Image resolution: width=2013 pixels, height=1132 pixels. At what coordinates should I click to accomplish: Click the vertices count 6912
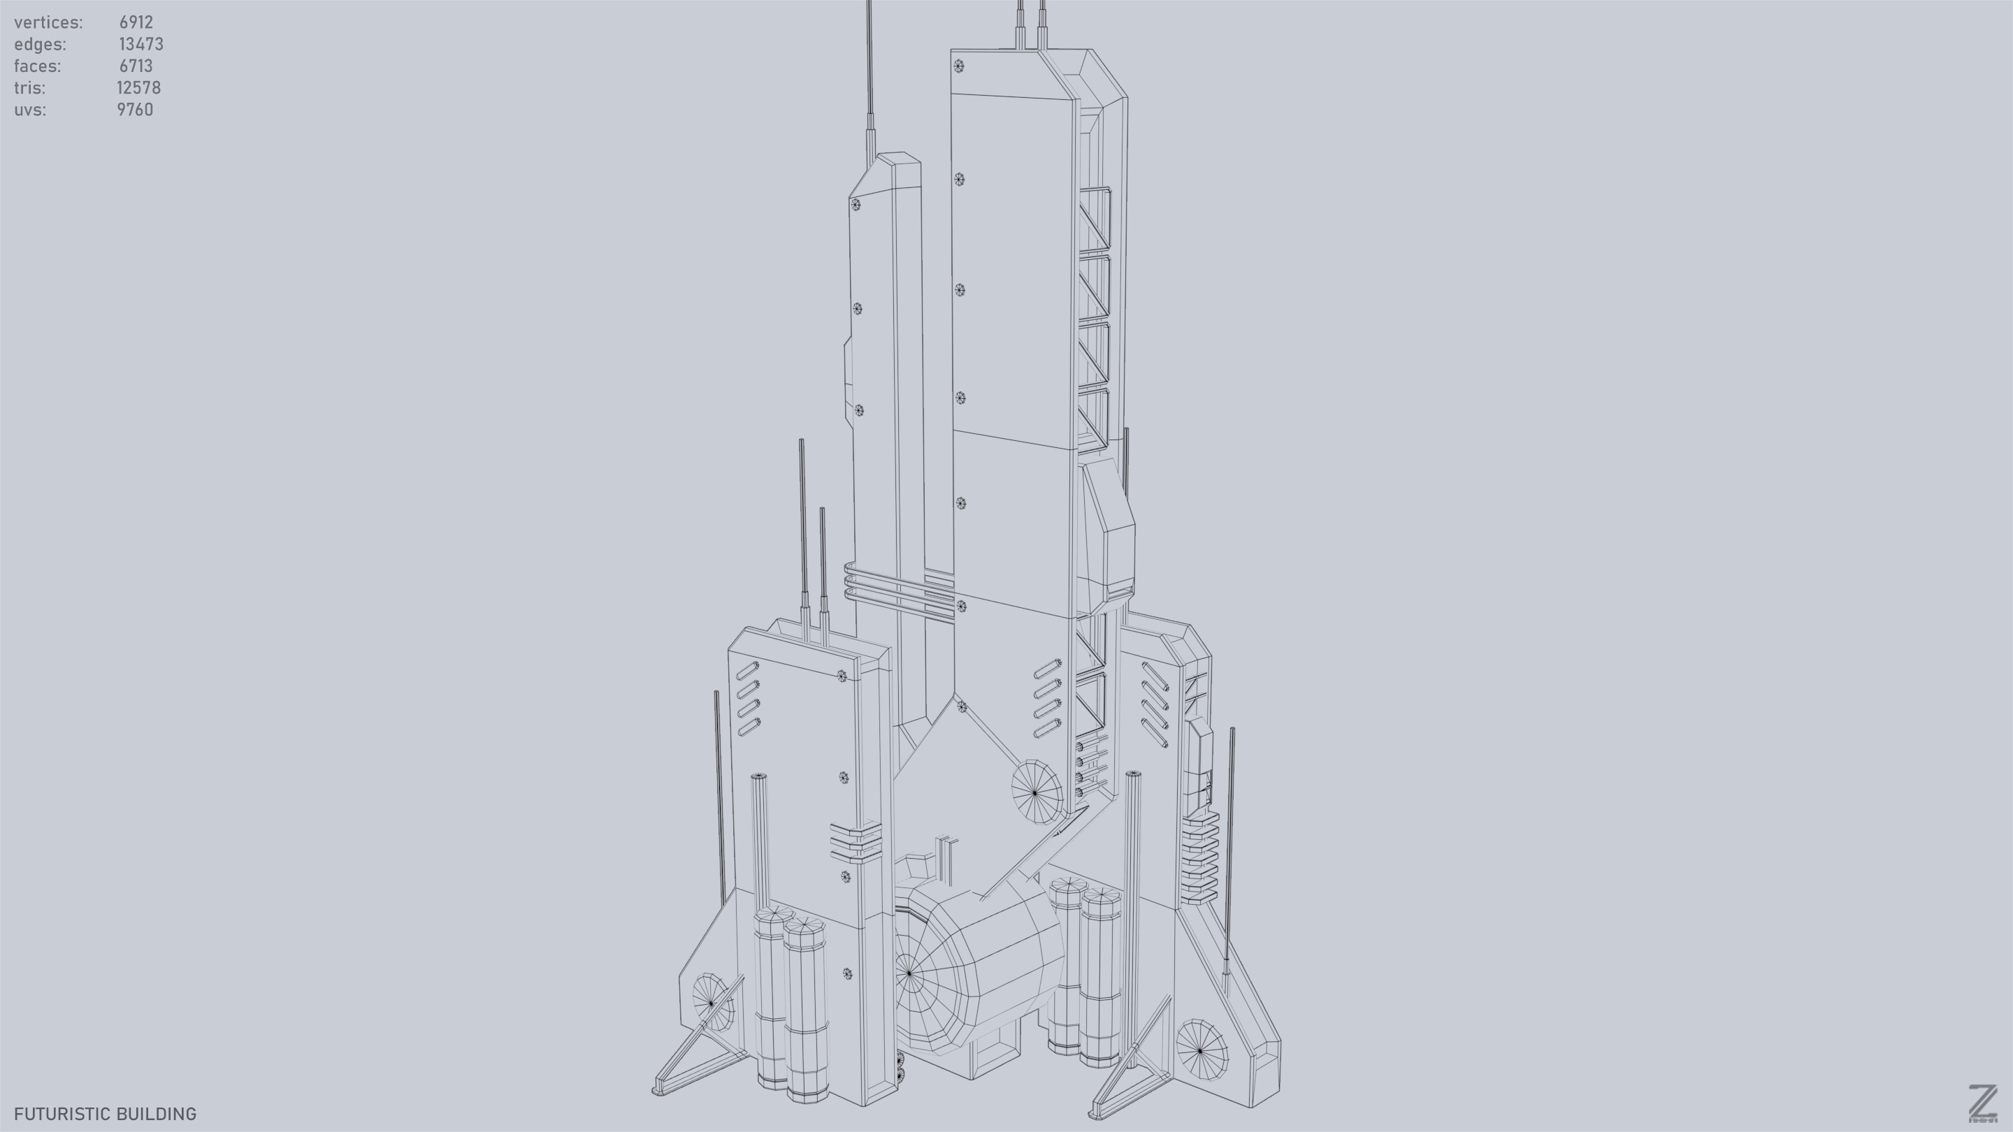pyautogui.click(x=136, y=22)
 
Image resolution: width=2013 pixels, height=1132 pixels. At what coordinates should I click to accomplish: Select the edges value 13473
pyautogui.click(x=140, y=45)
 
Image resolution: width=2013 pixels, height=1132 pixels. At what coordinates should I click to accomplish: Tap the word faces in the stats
pyautogui.click(x=37, y=66)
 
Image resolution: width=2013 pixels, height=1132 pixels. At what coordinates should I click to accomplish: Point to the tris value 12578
pyautogui.click(x=138, y=88)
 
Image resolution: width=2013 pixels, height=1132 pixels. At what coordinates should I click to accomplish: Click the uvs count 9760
pyautogui.click(x=135, y=110)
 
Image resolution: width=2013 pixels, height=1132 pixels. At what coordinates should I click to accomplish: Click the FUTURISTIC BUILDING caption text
pyautogui.click(x=105, y=1114)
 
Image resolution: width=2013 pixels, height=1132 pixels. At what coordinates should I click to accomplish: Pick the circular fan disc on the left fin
pyautogui.click(x=713, y=1002)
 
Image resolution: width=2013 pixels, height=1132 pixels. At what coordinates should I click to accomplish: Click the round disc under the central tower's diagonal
pyautogui.click(x=1036, y=792)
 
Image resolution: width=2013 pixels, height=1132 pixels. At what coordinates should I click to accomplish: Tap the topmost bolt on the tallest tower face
pyautogui.click(x=959, y=66)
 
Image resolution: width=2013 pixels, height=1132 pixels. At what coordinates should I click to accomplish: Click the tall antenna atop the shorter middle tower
pyautogui.click(x=870, y=78)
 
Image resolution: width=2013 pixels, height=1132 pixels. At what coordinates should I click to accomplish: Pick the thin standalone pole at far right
pyautogui.click(x=1229, y=843)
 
